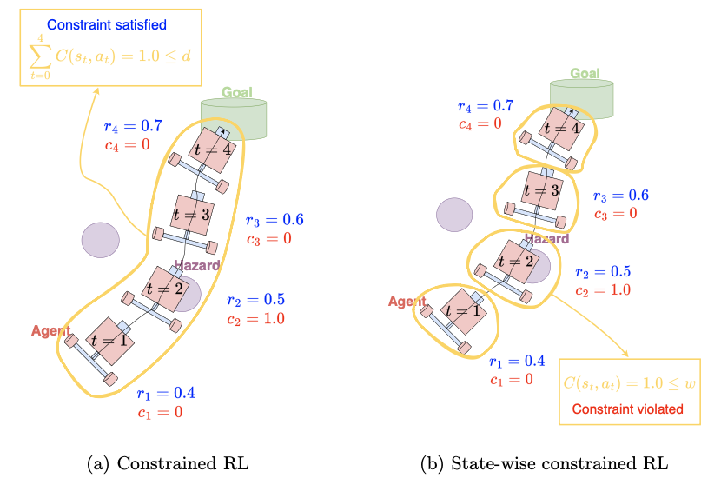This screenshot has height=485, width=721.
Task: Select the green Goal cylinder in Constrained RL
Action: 233,116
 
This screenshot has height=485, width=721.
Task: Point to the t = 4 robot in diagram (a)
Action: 212,149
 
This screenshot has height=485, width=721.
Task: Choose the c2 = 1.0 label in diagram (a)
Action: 255,319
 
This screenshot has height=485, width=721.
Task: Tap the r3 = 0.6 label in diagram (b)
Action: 620,196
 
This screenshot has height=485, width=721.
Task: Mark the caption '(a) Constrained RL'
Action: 169,463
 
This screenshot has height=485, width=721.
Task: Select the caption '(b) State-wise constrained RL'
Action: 552,463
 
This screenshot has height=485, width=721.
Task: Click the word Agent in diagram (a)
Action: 50,330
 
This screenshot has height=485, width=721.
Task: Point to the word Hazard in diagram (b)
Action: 546,239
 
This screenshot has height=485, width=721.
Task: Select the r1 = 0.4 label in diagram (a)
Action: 166,394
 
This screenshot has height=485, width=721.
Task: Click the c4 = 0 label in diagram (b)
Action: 480,123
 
